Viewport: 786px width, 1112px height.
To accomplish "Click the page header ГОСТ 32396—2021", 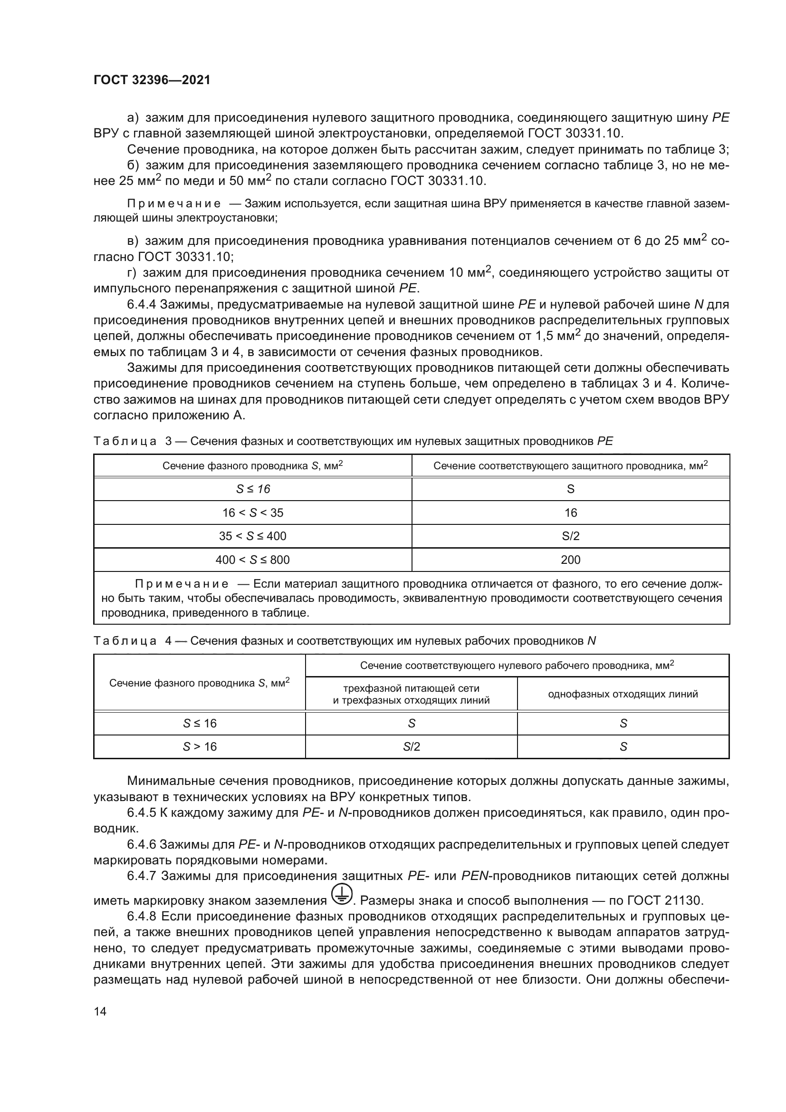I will (x=152, y=80).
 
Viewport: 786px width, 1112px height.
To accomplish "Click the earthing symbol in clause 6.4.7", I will (x=342, y=895).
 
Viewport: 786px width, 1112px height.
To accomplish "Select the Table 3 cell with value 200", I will (x=570, y=560).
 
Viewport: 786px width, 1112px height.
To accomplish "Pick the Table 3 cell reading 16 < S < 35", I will (x=253, y=512).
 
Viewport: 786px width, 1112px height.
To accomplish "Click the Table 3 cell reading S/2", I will (x=570, y=536).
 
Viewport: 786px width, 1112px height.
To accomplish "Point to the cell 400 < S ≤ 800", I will (x=253, y=560).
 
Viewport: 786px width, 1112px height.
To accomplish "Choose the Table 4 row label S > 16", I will (x=200, y=746).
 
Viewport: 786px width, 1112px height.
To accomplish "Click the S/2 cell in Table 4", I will (x=412, y=746).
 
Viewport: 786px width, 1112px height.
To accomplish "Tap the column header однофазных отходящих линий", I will (x=623, y=694).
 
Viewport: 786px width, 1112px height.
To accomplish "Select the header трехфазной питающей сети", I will (x=412, y=688).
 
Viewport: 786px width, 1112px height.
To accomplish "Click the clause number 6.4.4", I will (x=142, y=305).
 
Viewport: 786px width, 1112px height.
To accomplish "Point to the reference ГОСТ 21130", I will (x=664, y=900).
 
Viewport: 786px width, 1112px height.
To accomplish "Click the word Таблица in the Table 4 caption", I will (x=125, y=641).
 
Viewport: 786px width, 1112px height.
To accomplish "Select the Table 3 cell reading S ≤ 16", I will (x=253, y=489).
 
